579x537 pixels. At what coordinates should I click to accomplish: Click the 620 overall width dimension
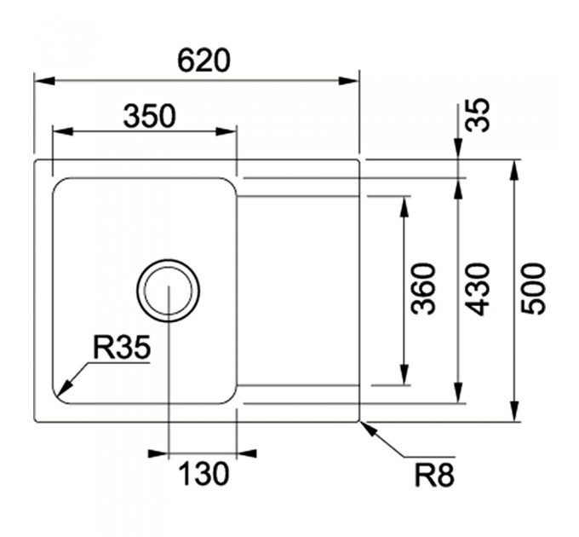pos(204,61)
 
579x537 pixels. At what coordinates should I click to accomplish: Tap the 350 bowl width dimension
pos(150,116)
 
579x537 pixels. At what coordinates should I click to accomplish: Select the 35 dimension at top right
pos(478,114)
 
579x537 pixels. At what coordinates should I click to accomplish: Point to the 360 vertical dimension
pos(423,289)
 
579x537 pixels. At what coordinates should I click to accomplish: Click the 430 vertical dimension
pos(478,289)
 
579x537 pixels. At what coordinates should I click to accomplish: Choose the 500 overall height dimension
pos(533,289)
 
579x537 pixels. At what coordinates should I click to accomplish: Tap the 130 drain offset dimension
pos(204,474)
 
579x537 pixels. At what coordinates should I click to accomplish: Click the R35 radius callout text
pos(122,348)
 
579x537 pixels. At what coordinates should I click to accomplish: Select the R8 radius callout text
pos(434,476)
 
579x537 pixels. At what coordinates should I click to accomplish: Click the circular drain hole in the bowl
pos(168,259)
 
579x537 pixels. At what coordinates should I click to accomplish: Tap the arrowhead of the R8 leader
pos(370,430)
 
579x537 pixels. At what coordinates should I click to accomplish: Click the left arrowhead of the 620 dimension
pos(44,81)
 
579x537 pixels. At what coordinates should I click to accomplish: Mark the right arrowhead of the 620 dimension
pos(348,81)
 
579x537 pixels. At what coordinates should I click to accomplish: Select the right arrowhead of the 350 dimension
pos(226,131)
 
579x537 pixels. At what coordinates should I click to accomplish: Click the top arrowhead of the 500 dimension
pos(514,170)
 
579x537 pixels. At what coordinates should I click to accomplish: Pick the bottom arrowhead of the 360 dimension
pos(405,375)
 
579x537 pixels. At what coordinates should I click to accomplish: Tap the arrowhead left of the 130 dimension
pos(158,453)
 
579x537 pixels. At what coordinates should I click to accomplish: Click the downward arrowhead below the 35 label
pos(459,149)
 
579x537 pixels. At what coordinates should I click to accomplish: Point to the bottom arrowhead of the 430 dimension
pos(459,392)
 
